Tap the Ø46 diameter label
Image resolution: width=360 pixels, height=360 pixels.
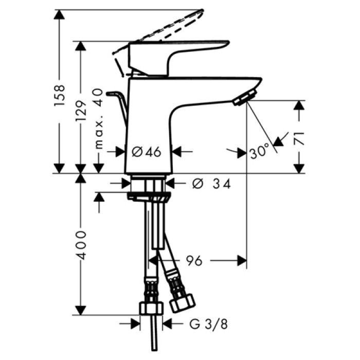147,152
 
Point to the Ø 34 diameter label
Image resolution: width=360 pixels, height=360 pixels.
211,184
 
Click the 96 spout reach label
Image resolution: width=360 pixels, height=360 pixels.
191,261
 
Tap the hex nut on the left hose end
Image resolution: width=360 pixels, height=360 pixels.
151,308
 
